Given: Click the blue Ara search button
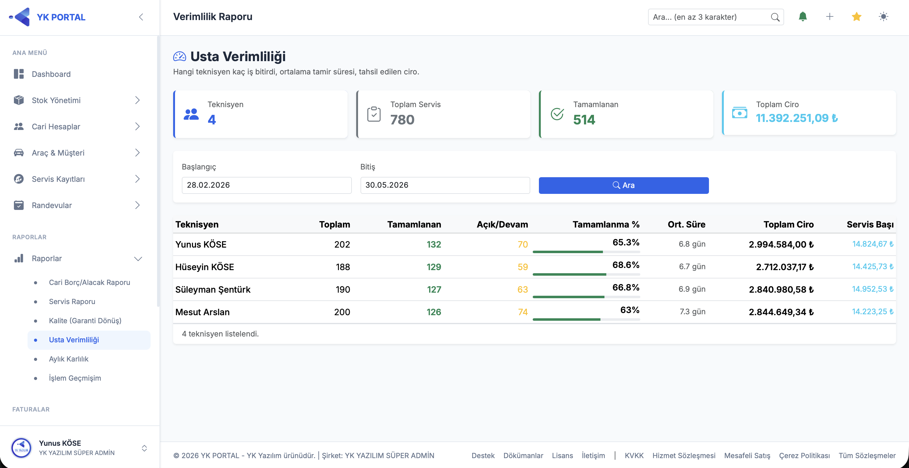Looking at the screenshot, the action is (x=624, y=185).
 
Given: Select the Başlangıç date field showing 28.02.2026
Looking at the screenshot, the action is (x=267, y=185).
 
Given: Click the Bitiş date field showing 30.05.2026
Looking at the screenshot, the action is (x=445, y=185).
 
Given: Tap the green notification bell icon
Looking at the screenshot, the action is (x=803, y=17).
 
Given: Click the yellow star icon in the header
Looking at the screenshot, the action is (x=856, y=17).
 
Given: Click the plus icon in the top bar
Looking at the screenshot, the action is (x=830, y=17).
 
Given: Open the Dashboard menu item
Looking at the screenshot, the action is (x=51, y=74).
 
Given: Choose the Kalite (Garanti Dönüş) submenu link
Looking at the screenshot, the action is (x=85, y=321).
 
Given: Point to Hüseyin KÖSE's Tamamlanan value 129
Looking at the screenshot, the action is (x=434, y=267).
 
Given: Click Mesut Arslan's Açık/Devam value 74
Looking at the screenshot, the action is (x=523, y=312).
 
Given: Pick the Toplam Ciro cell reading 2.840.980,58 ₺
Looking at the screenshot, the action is (x=781, y=289).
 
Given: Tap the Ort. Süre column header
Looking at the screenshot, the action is (x=686, y=224).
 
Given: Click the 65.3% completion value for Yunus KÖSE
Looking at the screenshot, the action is (x=626, y=242).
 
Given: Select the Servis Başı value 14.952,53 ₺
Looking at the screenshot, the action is (x=873, y=289).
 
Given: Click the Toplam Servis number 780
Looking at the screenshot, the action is (x=402, y=120).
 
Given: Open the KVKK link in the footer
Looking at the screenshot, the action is (x=634, y=455).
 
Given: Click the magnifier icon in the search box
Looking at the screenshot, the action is (x=775, y=17).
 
